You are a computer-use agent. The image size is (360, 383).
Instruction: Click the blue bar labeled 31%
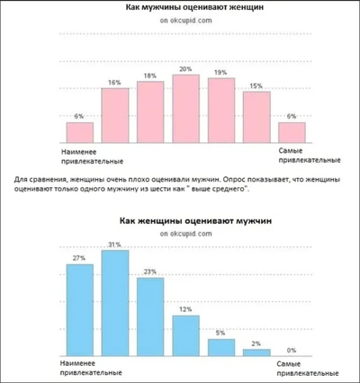(x=114, y=304)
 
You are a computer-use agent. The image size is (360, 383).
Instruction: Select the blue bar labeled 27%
(x=79, y=311)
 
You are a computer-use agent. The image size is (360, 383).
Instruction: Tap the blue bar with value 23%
(x=149, y=317)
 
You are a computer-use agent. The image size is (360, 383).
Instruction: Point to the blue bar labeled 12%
(x=185, y=336)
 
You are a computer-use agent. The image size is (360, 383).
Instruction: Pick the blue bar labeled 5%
(x=220, y=348)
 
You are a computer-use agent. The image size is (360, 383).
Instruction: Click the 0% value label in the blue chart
(x=291, y=351)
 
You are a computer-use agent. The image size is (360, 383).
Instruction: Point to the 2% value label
(x=256, y=344)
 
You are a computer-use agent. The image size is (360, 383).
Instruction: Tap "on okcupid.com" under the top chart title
(x=178, y=20)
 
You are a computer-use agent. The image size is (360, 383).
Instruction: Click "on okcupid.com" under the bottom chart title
(x=178, y=233)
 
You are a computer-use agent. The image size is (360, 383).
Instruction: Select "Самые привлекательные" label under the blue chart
(x=296, y=369)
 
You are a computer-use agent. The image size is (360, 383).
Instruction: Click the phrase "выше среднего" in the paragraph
(x=218, y=191)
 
